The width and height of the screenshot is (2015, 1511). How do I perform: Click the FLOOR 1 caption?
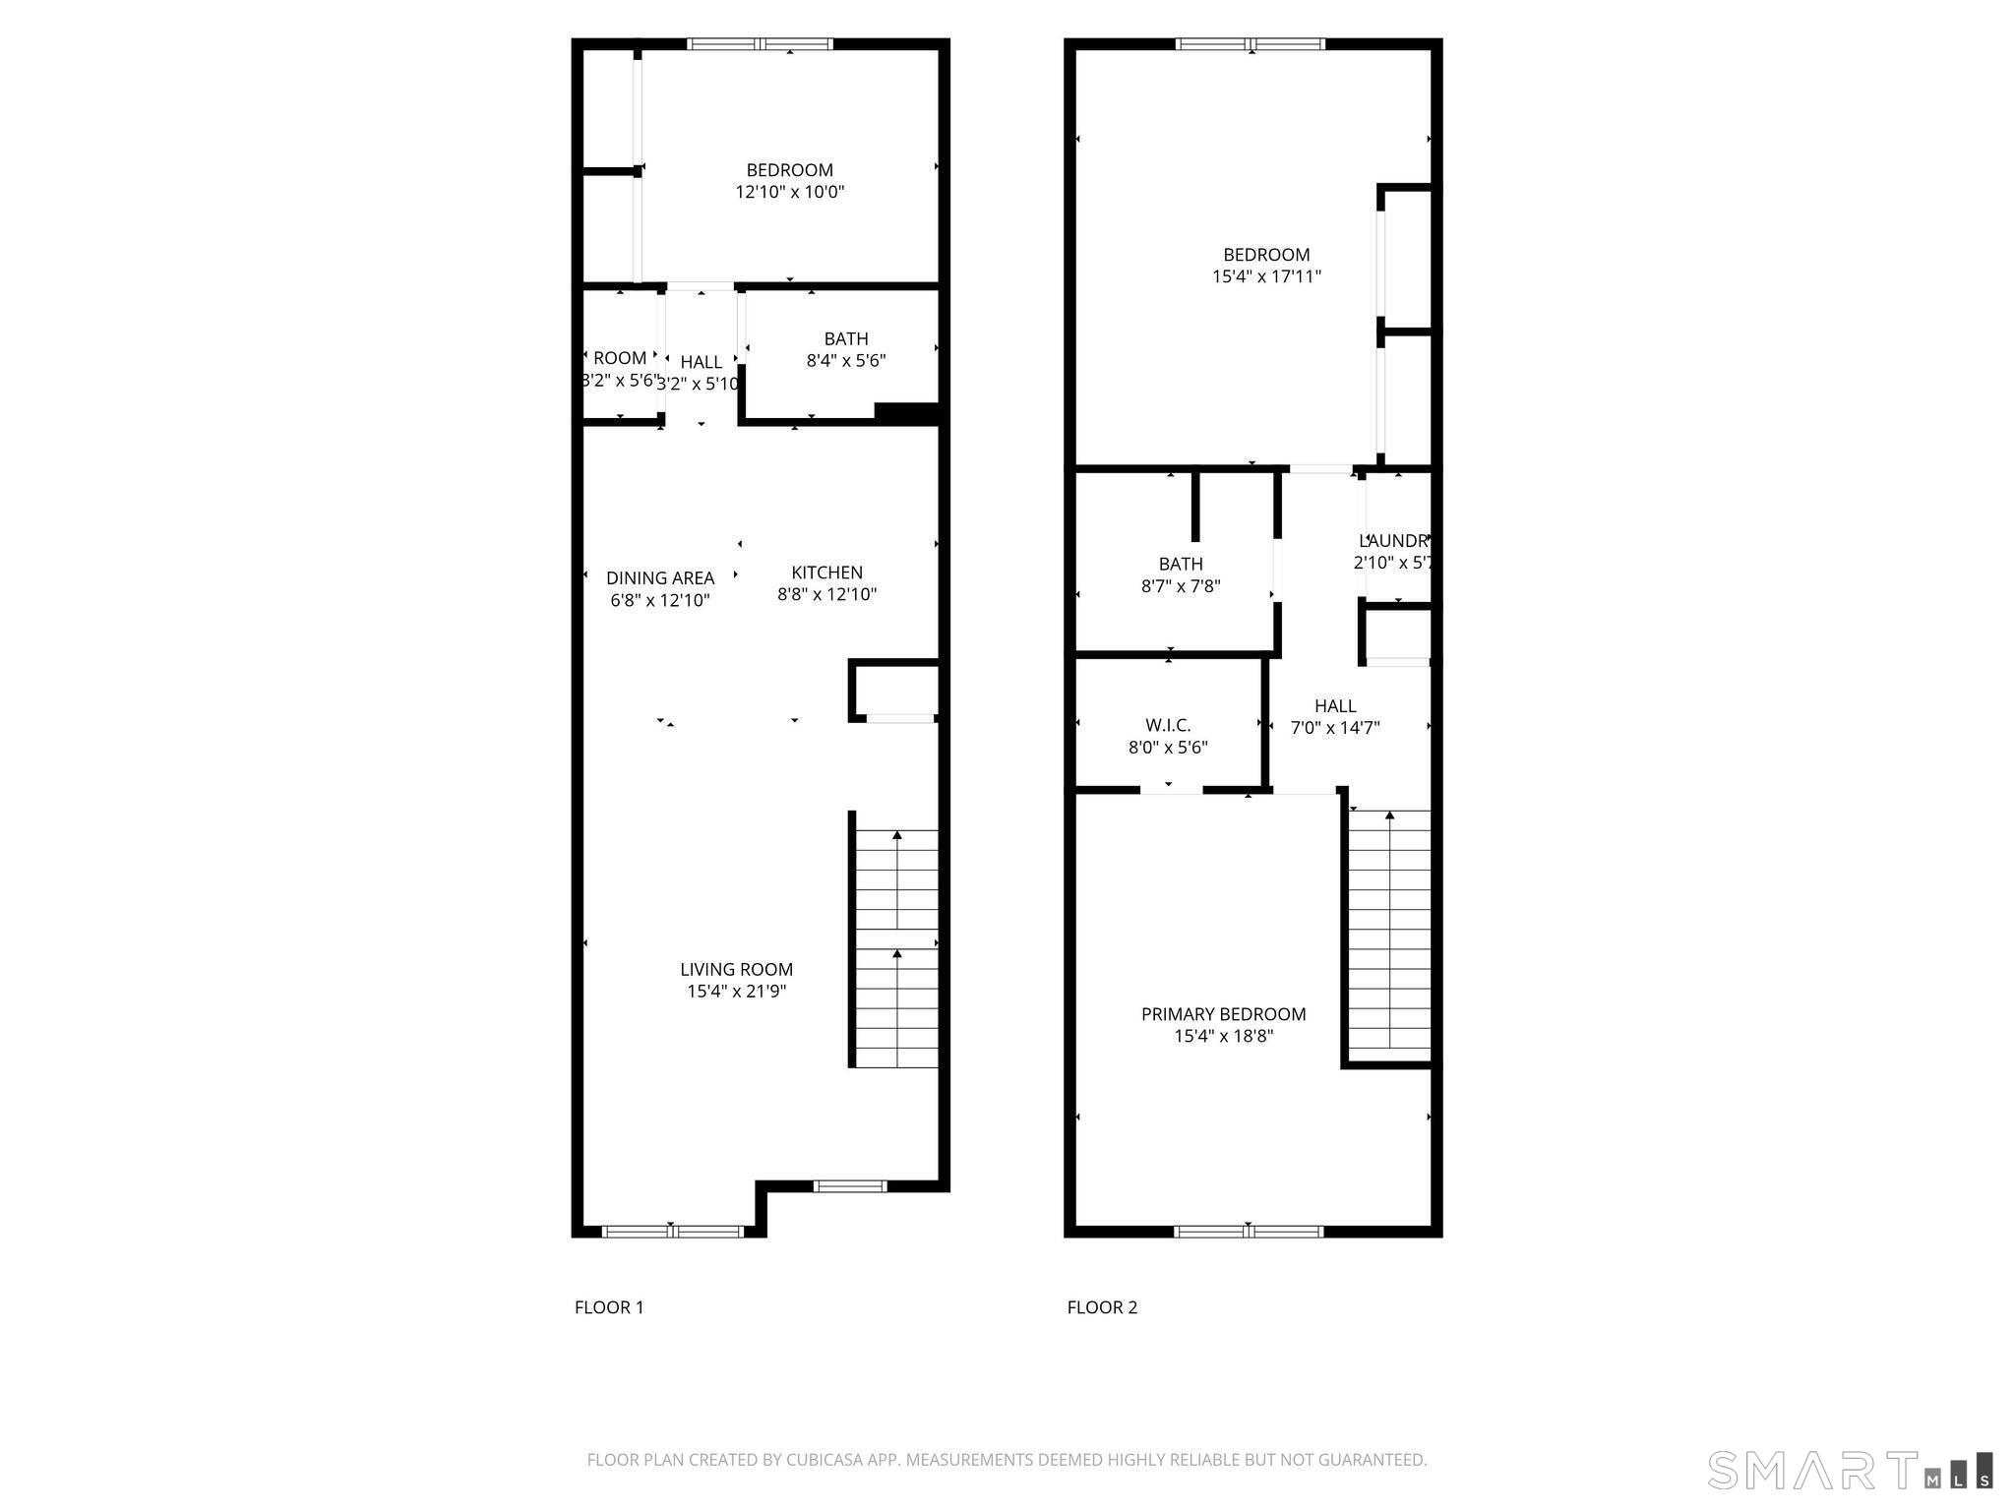point(609,1307)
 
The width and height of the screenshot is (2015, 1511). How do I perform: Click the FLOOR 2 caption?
point(1102,1307)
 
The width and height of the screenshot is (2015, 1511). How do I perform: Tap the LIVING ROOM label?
point(736,969)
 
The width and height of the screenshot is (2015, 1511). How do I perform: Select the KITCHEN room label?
point(826,573)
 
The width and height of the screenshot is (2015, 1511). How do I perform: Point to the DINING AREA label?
point(659,578)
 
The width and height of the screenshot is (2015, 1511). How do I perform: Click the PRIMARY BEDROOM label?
point(1223,1014)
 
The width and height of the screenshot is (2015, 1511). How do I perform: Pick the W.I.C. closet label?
point(1168,725)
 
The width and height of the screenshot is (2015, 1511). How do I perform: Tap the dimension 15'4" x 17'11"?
point(1266,277)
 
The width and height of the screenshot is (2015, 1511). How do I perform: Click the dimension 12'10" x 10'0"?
point(789,192)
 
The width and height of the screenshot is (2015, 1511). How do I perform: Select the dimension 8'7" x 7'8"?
point(1181,586)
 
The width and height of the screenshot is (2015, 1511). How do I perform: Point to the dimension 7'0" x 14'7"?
point(1335,728)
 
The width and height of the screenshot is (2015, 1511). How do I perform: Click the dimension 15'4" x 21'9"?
point(736,992)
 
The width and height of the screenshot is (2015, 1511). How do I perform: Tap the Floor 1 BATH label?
point(846,339)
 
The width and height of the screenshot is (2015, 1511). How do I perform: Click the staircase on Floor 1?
point(896,949)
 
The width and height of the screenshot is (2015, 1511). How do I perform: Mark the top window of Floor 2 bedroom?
point(1251,44)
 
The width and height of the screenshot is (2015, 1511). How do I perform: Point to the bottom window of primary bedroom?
point(1249,1231)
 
